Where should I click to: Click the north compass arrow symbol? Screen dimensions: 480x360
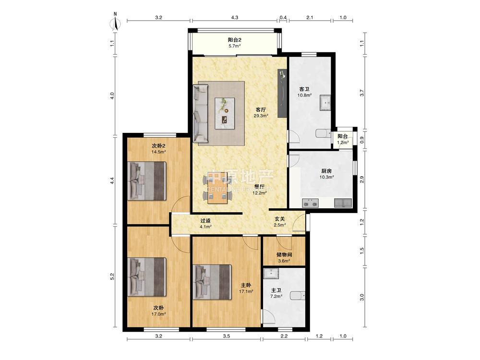pyautogui.click(x=115, y=22)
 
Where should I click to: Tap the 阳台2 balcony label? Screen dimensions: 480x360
pyautogui.click(x=235, y=40)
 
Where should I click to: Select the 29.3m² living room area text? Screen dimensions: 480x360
pyautogui.click(x=261, y=116)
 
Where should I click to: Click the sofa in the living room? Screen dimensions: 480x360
pyautogui.click(x=201, y=114)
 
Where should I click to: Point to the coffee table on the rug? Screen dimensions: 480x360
pyautogui.click(x=225, y=114)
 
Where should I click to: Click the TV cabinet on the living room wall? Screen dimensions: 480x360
pyautogui.click(x=282, y=94)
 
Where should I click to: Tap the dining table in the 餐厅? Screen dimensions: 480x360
pyautogui.click(x=217, y=188)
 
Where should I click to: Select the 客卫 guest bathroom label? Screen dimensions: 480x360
pyautogui.click(x=304, y=89)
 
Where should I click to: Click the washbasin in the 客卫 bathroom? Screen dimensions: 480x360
pyautogui.click(x=325, y=103)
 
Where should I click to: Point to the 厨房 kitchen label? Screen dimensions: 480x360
pyautogui.click(x=326, y=171)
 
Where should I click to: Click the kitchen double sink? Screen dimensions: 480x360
pyautogui.click(x=310, y=203)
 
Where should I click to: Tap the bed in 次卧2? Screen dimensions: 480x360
pyautogui.click(x=147, y=181)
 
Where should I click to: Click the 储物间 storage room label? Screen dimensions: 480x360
pyautogui.click(x=284, y=255)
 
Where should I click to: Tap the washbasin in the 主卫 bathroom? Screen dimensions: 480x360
pyautogui.click(x=271, y=274)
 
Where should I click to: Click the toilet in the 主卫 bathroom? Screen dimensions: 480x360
pyautogui.click(x=297, y=296)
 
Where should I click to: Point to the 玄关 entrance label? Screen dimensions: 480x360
pyautogui.click(x=279, y=219)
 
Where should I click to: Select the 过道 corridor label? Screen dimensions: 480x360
pyautogui.click(x=205, y=221)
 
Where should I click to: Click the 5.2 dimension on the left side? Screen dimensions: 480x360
pyautogui.click(x=112, y=276)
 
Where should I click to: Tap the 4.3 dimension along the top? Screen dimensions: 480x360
pyautogui.click(x=235, y=17)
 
